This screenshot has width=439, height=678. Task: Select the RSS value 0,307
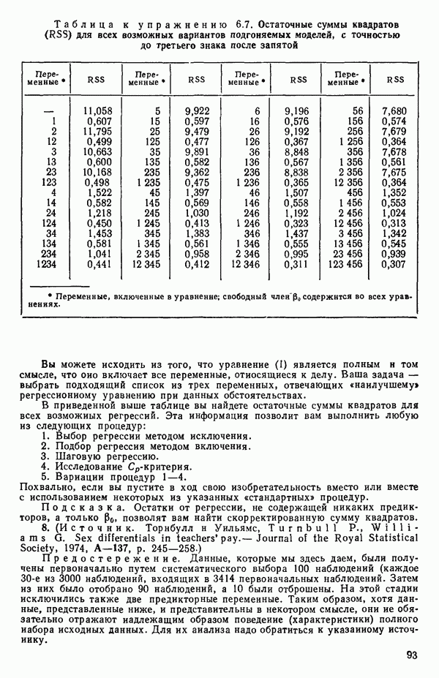[393, 264]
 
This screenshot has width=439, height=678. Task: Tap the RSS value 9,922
[197, 110]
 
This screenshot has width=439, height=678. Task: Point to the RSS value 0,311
[296, 264]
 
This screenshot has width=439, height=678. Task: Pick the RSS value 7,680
[393, 110]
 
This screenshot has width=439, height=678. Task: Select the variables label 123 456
[346, 264]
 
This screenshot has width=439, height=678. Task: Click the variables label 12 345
[146, 264]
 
